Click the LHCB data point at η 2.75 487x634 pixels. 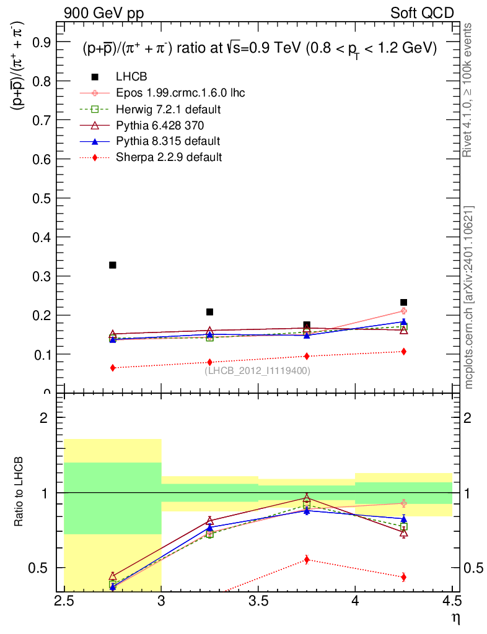pos(113,265)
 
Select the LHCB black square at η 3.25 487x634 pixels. pos(209,312)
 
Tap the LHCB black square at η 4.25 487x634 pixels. pos(403,303)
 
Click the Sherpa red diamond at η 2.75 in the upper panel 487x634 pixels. pos(113,368)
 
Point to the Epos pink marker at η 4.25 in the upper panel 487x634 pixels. pos(403,311)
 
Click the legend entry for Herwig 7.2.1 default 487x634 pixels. pos(169,110)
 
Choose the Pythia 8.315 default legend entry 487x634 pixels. pos(168,141)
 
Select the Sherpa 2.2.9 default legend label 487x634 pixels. pos(169,157)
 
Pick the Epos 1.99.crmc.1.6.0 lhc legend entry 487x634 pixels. pos(180,93)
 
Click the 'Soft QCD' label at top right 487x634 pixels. pos(422,13)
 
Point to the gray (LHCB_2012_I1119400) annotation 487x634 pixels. pos(257,371)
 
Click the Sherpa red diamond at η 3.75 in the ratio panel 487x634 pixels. pos(307,560)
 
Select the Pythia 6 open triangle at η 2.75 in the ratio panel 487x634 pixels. pos(113,576)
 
